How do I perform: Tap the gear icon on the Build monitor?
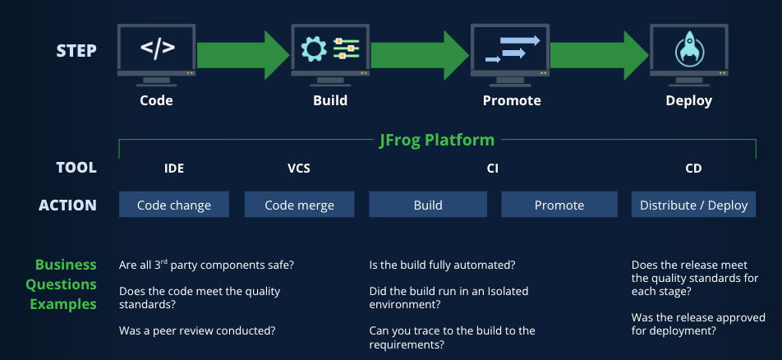pos(314,49)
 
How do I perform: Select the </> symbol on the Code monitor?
pos(157,48)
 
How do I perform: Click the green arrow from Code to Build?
pos(243,55)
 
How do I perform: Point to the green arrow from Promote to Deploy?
pos(599,55)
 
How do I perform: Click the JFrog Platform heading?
pos(437,140)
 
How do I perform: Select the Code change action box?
pos(173,204)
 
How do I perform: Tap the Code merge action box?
pos(299,204)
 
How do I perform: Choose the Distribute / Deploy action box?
pos(694,204)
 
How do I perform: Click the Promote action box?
pos(559,204)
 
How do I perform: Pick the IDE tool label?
pos(174,168)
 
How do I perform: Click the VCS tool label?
pos(299,168)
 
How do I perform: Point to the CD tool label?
pos(694,168)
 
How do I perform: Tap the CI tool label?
pos(492,168)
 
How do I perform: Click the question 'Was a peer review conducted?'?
pos(197,330)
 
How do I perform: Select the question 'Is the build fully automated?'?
pos(442,265)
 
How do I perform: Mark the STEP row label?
pos(76,50)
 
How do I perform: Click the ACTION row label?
pos(67,205)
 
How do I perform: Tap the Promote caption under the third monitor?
pos(512,101)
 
